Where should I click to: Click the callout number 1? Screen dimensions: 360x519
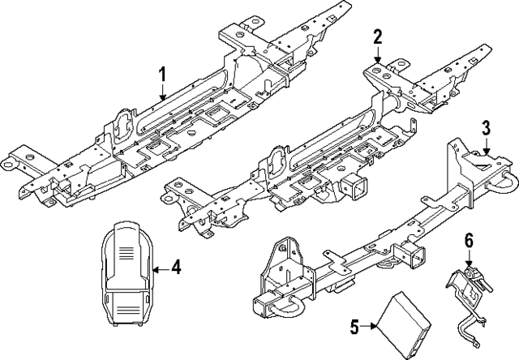162,76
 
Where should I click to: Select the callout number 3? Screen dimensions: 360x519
485,127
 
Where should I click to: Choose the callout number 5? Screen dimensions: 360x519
354,327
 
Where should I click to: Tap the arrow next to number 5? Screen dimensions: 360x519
370,327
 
